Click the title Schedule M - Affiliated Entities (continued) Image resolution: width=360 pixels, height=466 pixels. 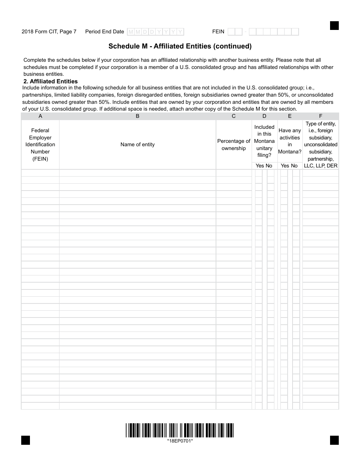[180, 46]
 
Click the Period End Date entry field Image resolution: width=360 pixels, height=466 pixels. [155, 32]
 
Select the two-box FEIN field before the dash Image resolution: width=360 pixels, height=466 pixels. [235, 32]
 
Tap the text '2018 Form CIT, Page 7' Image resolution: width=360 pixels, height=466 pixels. [49, 32]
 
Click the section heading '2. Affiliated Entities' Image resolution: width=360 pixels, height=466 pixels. [50, 81]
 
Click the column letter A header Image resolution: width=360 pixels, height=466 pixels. [41, 116]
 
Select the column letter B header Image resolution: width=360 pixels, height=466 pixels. [138, 116]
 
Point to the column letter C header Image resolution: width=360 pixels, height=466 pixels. [233, 116]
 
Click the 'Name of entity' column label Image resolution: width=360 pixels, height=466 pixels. [138, 144]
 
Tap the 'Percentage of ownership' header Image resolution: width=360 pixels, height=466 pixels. [233, 144]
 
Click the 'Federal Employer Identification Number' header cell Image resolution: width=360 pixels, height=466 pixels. [41, 144]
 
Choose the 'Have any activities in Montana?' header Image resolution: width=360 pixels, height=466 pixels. [290, 141]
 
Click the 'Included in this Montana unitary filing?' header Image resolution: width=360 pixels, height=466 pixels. [264, 141]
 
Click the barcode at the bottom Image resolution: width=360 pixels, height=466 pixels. [180, 430]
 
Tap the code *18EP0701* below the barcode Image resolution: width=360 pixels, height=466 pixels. [180, 441]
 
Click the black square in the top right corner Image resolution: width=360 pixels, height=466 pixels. [334, 25]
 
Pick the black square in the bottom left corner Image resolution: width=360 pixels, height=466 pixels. [25, 440]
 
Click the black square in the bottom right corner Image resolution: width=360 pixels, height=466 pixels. [334, 440]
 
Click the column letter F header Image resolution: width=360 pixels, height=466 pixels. [321, 116]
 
